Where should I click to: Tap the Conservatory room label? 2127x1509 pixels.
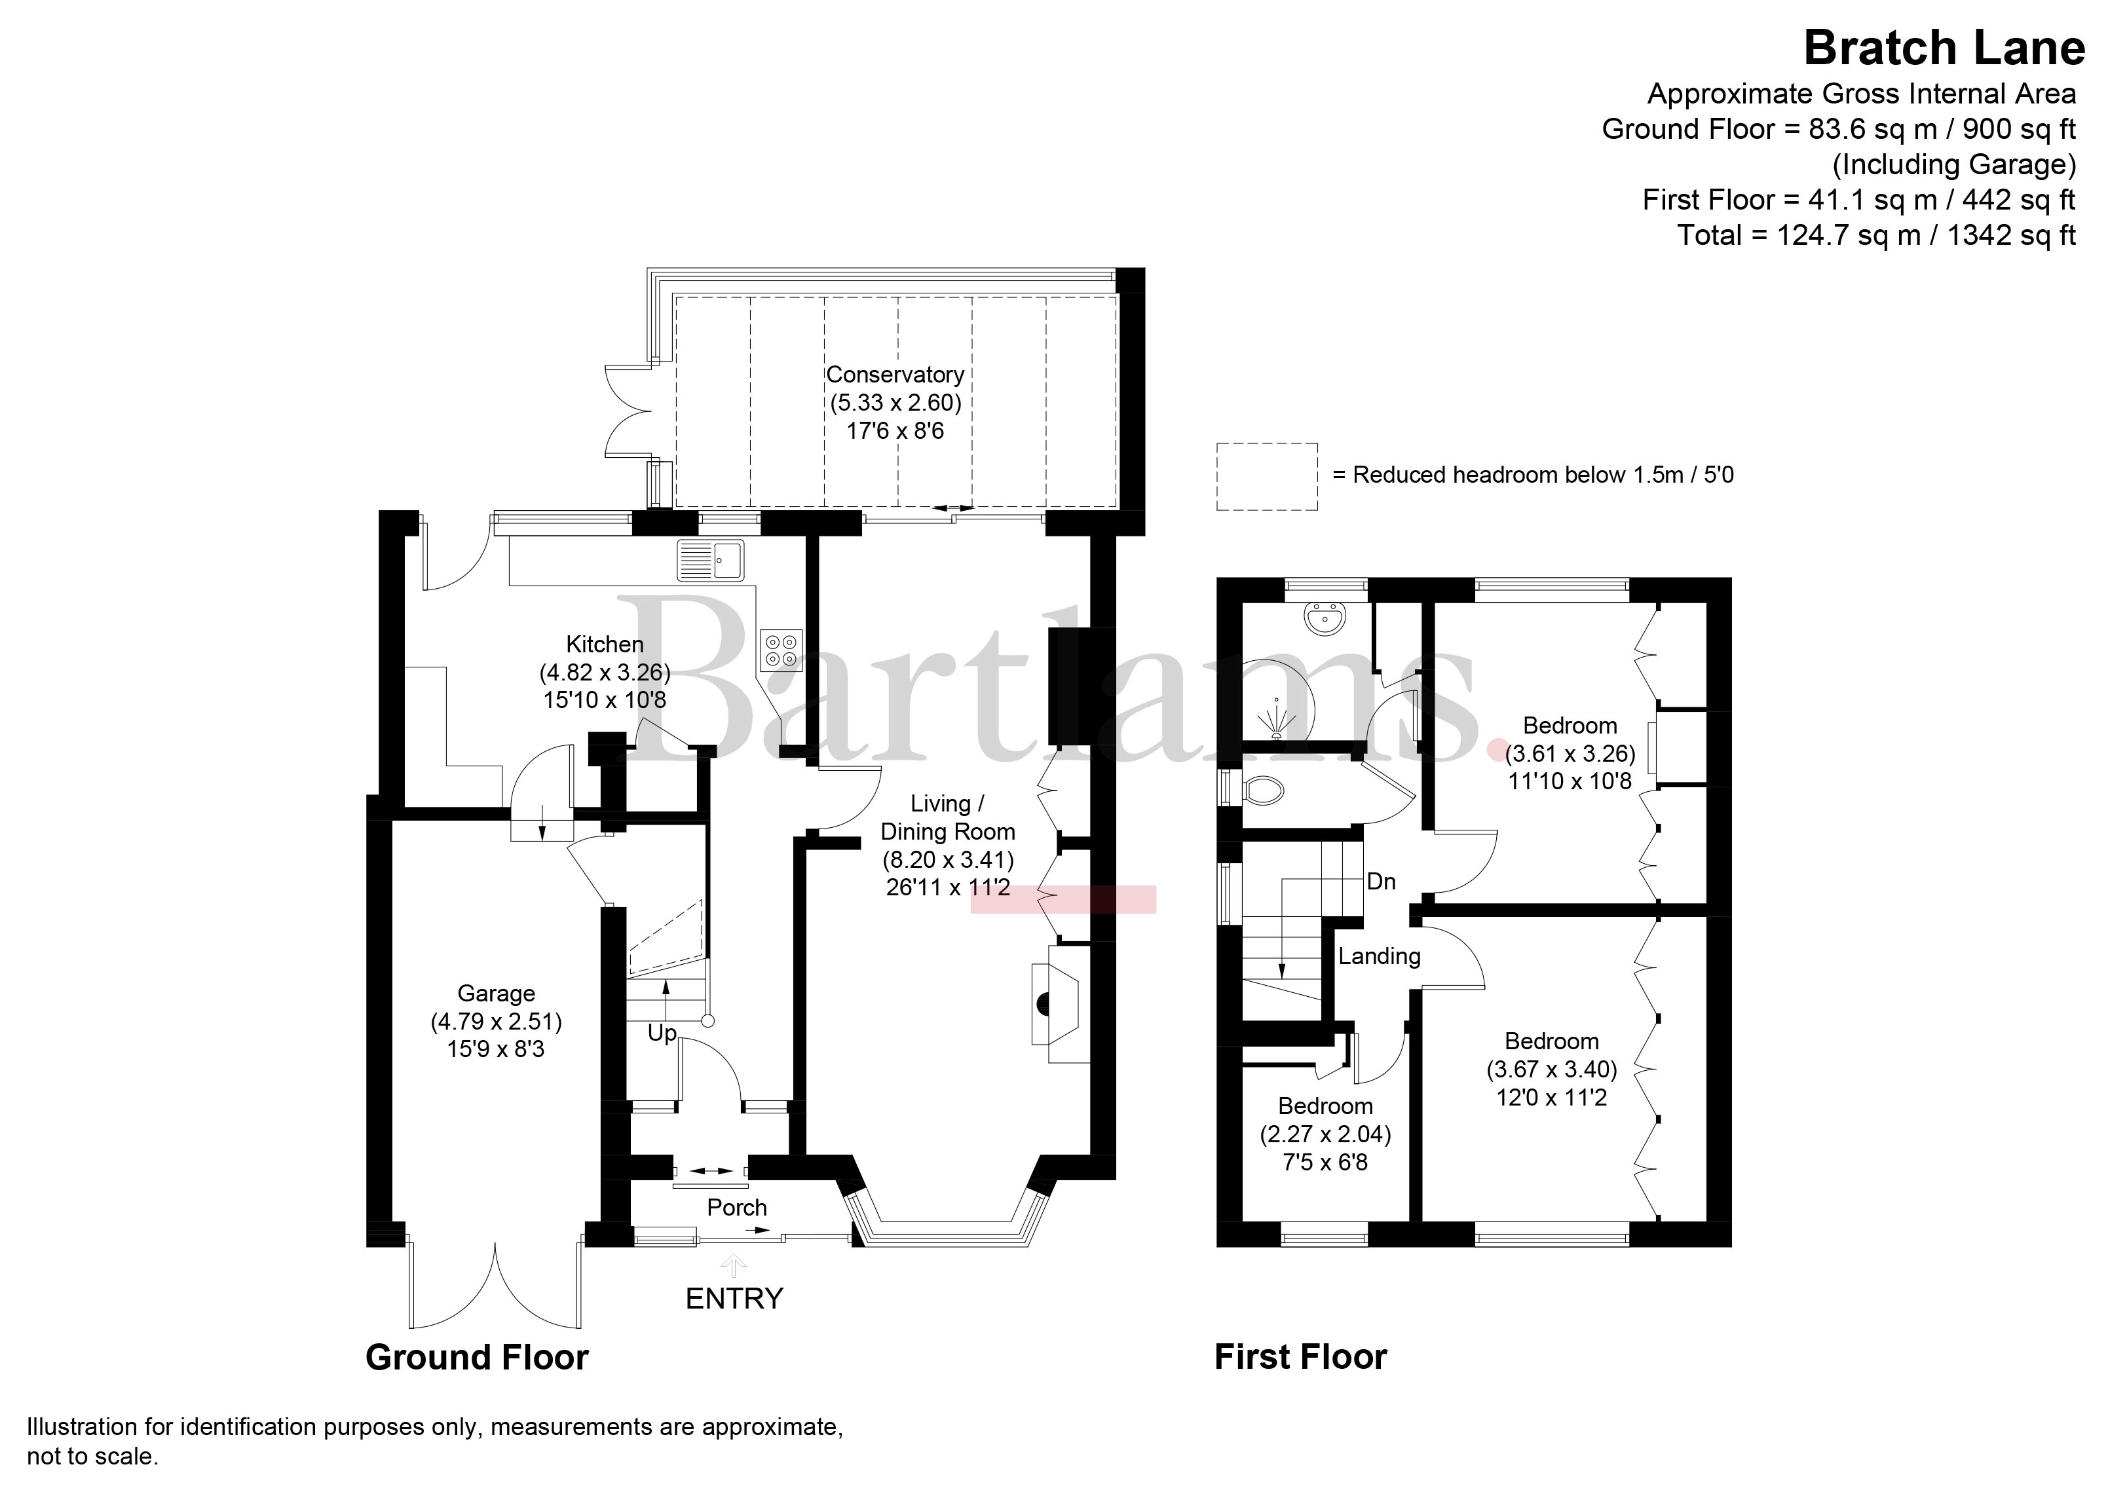point(895,375)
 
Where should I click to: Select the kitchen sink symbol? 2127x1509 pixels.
point(711,559)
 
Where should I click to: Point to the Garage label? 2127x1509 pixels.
point(496,994)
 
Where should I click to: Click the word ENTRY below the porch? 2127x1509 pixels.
point(734,1298)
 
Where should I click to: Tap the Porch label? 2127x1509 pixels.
point(737,1207)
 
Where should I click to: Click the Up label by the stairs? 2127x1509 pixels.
point(662,1034)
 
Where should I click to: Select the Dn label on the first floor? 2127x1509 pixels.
point(1381,881)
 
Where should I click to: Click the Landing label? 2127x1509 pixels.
point(1379,956)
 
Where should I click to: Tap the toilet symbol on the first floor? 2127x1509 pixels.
point(1262,791)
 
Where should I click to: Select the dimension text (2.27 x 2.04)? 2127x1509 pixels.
point(1325,1134)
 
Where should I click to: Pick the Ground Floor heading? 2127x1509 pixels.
point(477,1358)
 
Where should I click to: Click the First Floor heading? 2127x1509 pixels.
point(1300,1358)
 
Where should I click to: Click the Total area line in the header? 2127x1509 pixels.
point(1876,235)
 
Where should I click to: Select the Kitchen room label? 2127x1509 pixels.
point(605,644)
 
